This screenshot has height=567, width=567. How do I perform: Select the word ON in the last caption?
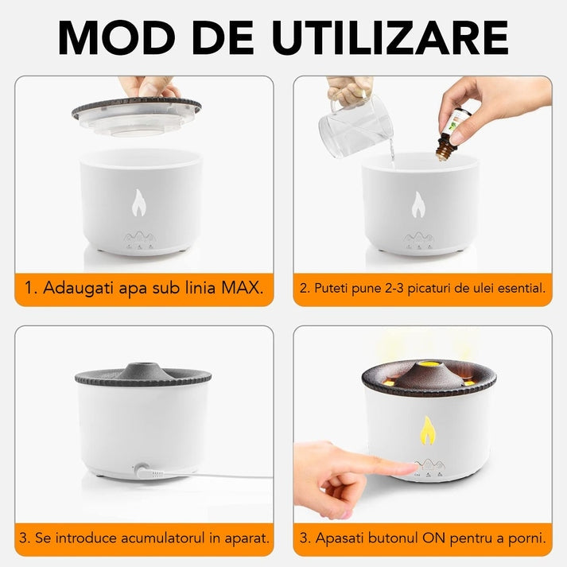click(x=429, y=538)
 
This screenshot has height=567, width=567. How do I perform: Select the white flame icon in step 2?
click(x=419, y=205)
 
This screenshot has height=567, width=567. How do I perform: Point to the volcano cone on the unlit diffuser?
click(x=143, y=368)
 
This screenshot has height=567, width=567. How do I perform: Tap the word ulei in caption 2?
click(x=469, y=287)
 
